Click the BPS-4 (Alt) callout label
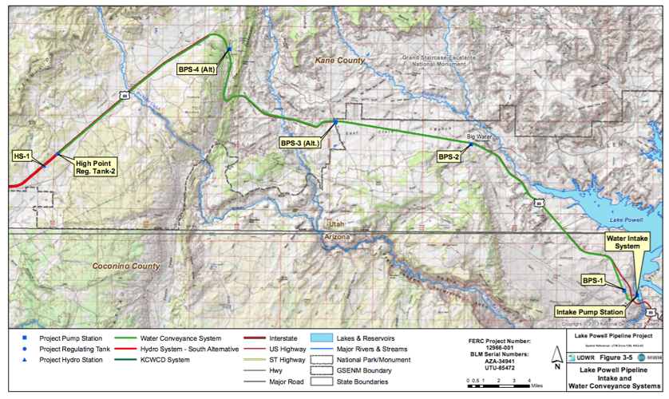click(196, 69)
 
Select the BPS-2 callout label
click(449, 157)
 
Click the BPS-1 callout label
click(592, 280)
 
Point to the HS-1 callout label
click(22, 156)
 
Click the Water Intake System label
click(623, 241)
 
